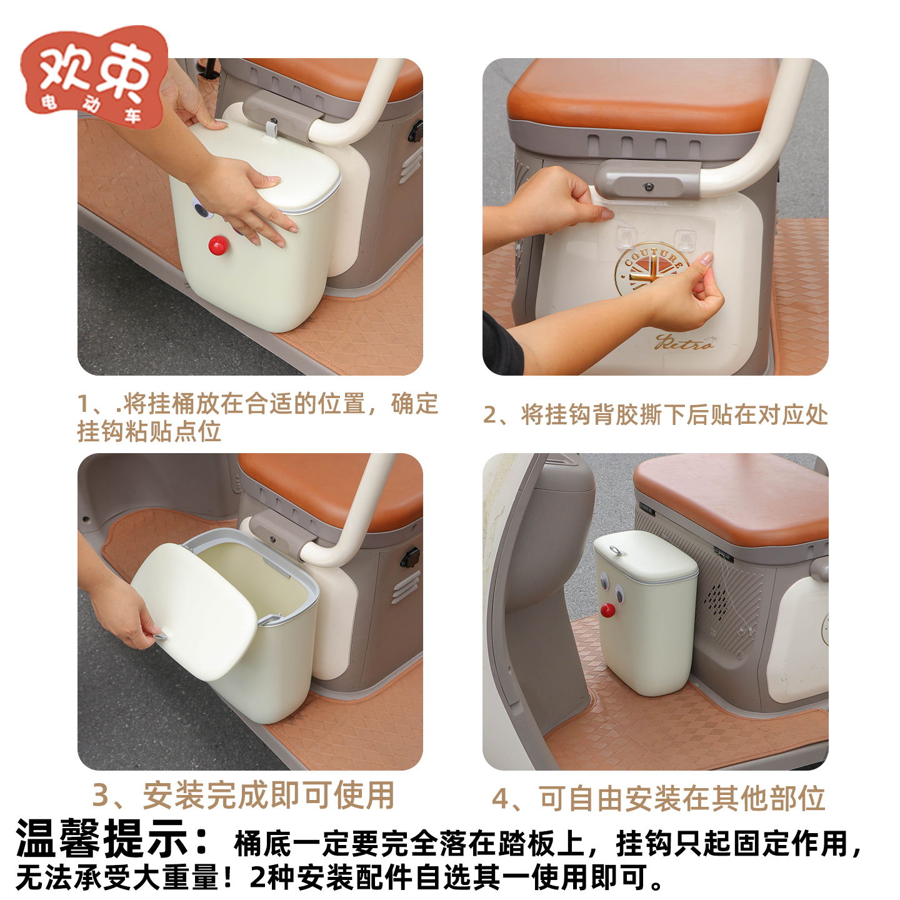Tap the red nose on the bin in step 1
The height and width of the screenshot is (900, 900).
click(x=217, y=246)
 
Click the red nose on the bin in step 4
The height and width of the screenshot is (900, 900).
click(x=607, y=610)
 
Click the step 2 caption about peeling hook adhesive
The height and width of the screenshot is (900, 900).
click(x=655, y=415)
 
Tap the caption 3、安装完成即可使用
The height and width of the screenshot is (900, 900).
click(x=244, y=796)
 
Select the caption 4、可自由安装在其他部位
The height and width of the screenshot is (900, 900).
click(x=658, y=799)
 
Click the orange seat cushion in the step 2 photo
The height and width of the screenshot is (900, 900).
click(x=644, y=94)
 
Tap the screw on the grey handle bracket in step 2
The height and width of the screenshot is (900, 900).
click(x=648, y=187)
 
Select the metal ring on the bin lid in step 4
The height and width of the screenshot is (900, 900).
click(x=615, y=550)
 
